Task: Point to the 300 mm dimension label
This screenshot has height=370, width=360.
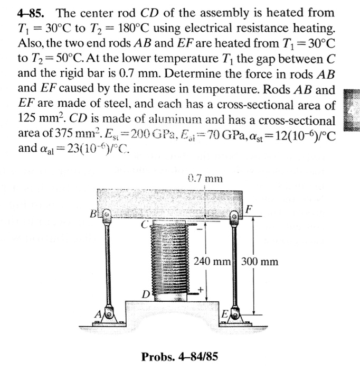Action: (260, 261)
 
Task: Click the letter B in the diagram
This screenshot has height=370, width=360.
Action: (94, 215)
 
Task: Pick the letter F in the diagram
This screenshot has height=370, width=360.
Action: (248, 209)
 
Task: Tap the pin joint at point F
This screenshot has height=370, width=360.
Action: (234, 216)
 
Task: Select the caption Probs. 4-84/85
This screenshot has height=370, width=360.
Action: (179, 356)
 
